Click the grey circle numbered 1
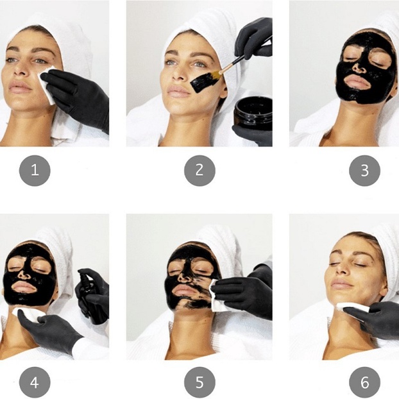click(x=35, y=171)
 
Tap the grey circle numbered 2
click(x=199, y=171)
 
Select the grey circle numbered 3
click(x=364, y=171)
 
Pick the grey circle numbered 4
click(x=35, y=382)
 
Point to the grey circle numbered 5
click(x=199, y=382)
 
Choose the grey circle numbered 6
click(x=364, y=382)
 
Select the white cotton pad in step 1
click(x=47, y=84)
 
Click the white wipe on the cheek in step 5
click(x=216, y=296)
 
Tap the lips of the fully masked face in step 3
click(x=357, y=82)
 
